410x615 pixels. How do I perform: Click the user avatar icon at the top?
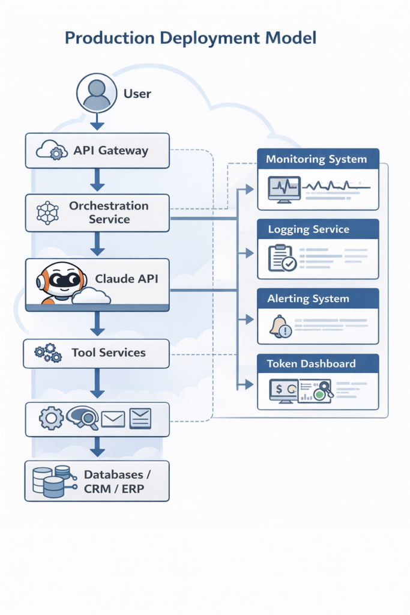tap(97, 94)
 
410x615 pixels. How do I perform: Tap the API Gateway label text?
tap(110, 151)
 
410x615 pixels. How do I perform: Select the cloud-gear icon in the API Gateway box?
tap(51, 150)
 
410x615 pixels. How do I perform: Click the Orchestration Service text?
tap(109, 213)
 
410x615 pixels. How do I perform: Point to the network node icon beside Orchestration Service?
tap(47, 213)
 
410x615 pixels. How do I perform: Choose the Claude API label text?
tap(127, 279)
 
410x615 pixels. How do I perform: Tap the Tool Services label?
tap(109, 353)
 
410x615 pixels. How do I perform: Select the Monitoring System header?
tap(316, 159)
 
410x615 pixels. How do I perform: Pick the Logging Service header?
tap(309, 229)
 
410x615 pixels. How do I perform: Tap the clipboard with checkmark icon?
tap(282, 258)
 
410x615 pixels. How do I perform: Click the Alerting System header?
tap(309, 298)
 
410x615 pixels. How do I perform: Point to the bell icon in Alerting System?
tap(280, 327)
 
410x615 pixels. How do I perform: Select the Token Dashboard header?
tap(311, 363)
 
